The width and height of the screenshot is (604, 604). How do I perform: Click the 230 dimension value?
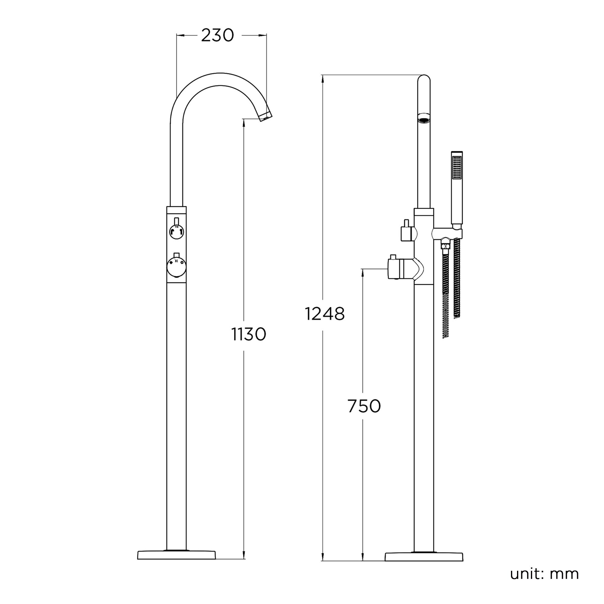pos(217,35)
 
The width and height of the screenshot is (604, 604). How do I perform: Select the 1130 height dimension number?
pos(249,334)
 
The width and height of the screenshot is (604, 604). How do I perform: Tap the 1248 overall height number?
pos(325,314)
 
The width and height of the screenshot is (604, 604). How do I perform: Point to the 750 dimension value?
pos(364,406)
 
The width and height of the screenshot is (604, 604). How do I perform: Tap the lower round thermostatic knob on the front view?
pos(177,267)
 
